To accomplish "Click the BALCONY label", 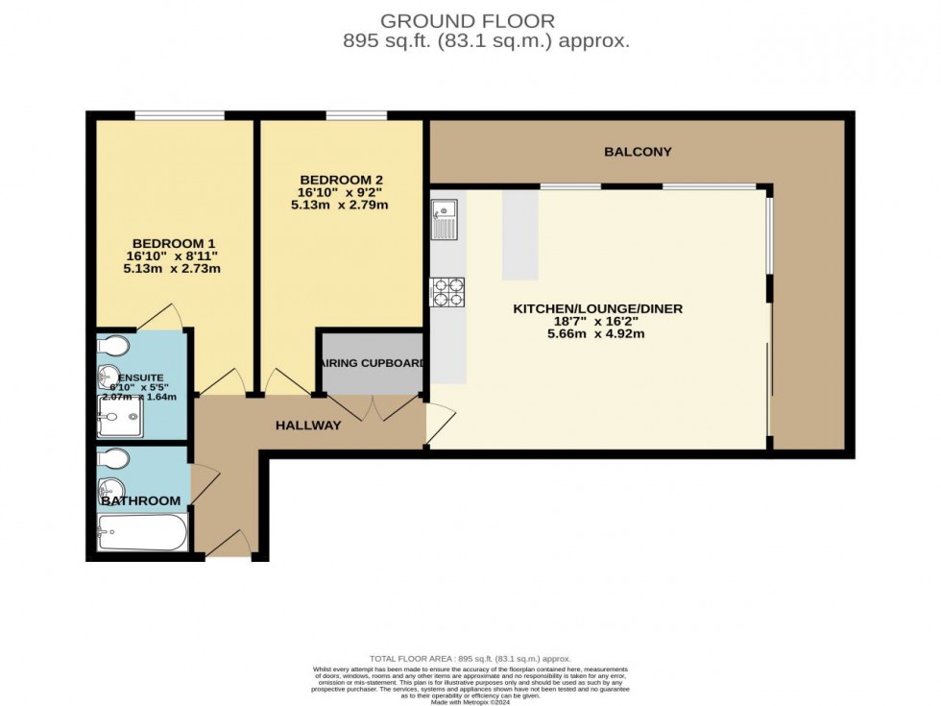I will point(638,152).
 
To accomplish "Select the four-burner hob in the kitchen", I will point(447,291).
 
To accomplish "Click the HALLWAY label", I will point(308,426).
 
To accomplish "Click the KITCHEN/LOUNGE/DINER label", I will point(597,308).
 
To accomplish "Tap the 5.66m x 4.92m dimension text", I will point(597,334).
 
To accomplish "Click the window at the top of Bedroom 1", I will point(180,116).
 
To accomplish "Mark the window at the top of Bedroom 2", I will point(356,116).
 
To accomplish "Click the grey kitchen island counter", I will point(519,233).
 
